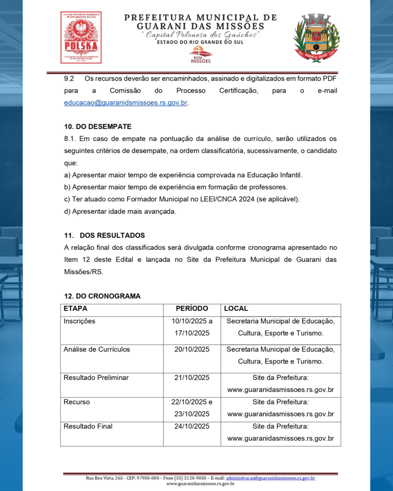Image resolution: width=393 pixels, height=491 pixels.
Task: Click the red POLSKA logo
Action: coord(81,37)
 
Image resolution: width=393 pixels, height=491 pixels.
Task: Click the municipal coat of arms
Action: coord(316,37)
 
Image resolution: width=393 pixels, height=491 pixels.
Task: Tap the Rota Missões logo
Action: coord(201,55)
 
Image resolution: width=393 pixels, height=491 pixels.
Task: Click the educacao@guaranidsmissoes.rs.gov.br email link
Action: coord(126,103)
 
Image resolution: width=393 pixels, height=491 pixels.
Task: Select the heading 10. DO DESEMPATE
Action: coord(98,127)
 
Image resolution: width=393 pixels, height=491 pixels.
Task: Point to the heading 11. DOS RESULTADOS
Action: coord(105,235)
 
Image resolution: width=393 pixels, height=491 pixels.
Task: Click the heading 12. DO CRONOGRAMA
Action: coord(102,296)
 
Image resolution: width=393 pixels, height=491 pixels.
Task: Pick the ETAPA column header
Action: coord(76,309)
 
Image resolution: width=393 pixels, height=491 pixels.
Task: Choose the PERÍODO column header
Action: coord(192,309)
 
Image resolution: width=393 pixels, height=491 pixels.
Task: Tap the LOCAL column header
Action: coord(236,309)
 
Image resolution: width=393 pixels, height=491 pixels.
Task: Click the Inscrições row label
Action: coord(80,321)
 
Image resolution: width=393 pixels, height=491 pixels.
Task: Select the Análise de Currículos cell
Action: coord(97,350)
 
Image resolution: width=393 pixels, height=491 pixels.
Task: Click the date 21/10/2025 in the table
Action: coord(192,378)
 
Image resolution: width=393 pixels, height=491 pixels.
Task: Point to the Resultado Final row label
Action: coord(88,426)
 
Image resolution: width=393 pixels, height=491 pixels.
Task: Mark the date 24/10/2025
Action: coord(192,426)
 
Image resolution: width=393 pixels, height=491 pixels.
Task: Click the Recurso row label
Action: coord(77,402)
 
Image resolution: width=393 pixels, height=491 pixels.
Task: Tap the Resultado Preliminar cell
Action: coord(96,378)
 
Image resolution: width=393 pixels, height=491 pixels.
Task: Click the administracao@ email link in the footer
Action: coord(270,478)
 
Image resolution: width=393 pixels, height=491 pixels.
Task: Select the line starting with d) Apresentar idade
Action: coord(120,211)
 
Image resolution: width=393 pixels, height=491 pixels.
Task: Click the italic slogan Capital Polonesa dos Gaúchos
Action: coord(201,35)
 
